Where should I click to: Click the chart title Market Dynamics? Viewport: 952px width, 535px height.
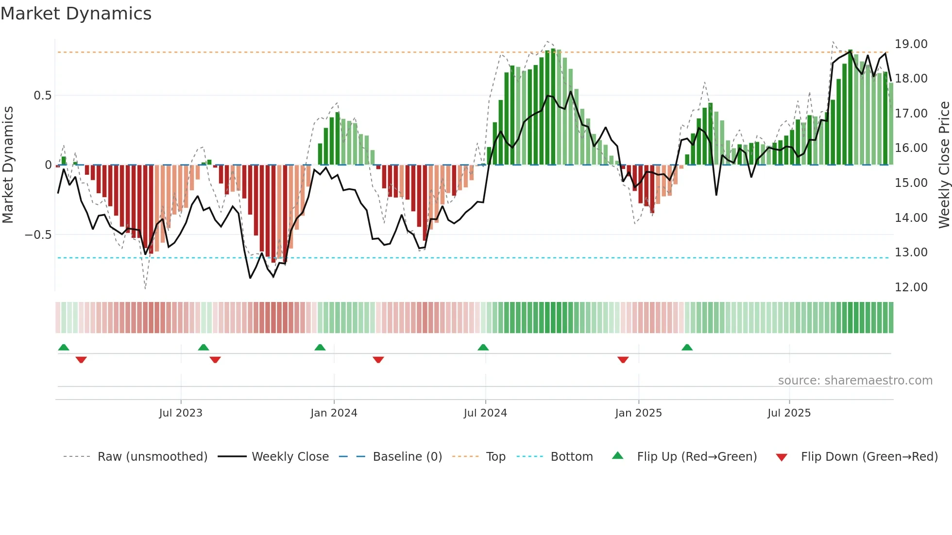[76, 14]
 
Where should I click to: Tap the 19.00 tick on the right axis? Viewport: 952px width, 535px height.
[911, 44]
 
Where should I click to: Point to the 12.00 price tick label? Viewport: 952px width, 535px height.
[911, 287]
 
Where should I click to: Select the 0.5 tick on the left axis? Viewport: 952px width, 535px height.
[42, 96]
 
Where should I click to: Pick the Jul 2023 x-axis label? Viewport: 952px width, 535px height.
[180, 413]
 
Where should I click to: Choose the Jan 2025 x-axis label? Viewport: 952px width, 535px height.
[638, 413]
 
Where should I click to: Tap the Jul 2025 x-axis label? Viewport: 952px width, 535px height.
[789, 413]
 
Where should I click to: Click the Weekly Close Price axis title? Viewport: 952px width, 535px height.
[944, 165]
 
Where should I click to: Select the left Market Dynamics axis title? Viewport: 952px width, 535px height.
[8, 165]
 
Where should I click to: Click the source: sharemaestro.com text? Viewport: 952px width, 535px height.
[855, 381]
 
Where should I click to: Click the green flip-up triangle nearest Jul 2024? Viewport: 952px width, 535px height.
[483, 348]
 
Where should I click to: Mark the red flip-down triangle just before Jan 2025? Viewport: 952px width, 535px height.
[623, 360]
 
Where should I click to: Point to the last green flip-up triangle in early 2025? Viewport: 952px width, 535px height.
[687, 348]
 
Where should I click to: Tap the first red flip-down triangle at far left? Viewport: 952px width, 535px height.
[81, 360]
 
